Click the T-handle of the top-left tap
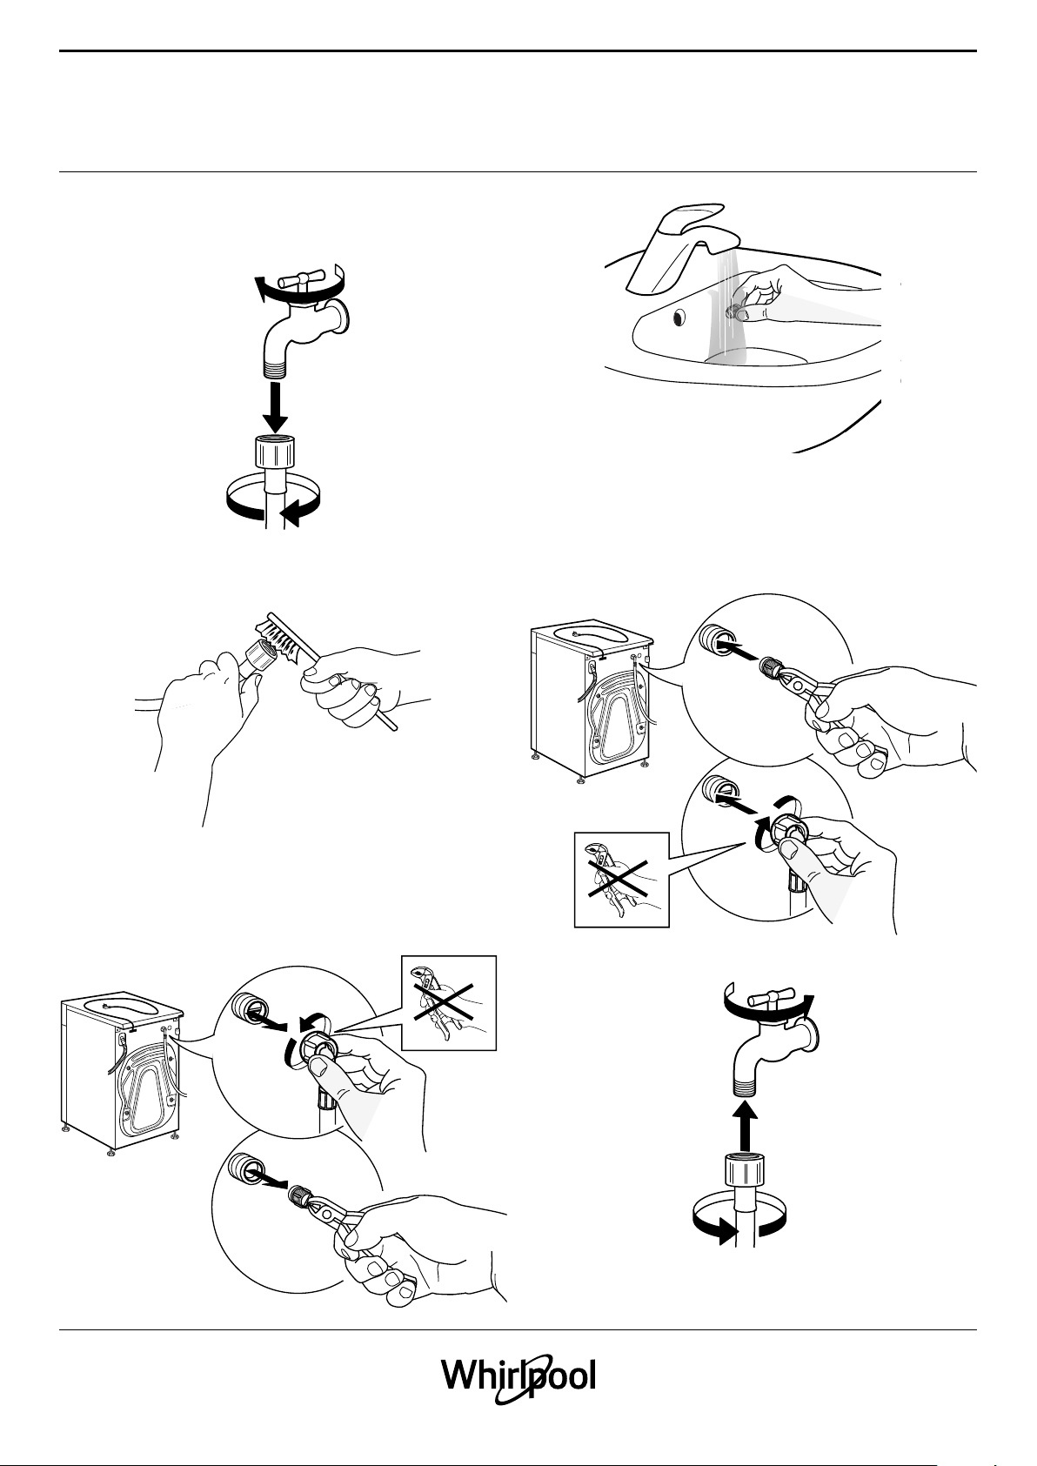[300, 279]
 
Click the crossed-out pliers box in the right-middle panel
[622, 880]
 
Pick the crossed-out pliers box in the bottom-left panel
[448, 1002]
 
